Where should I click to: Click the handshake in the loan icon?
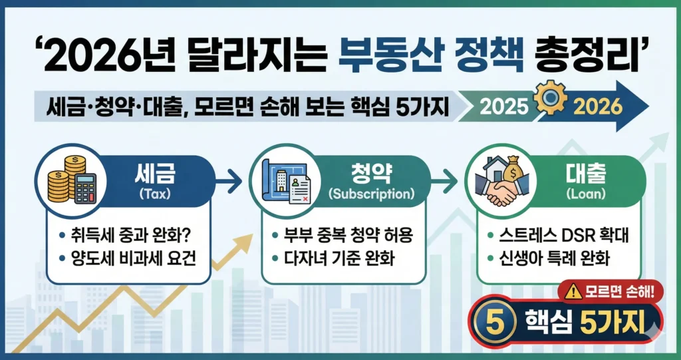(x=504, y=193)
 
